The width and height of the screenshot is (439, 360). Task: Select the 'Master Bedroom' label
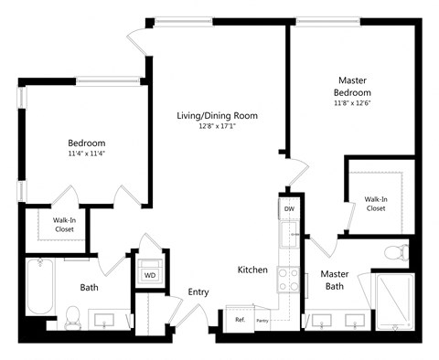[x=352, y=86]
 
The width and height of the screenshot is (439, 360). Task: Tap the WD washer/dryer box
[x=148, y=273]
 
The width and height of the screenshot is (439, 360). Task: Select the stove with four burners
[x=290, y=278]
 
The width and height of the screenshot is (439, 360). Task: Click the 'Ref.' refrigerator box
[x=240, y=320]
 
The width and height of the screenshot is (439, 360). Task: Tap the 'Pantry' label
[x=262, y=321]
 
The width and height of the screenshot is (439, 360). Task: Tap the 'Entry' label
[x=198, y=292]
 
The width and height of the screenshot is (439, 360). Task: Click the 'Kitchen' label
[x=252, y=270]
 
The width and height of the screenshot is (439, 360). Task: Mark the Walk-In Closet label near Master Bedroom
[x=375, y=203]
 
